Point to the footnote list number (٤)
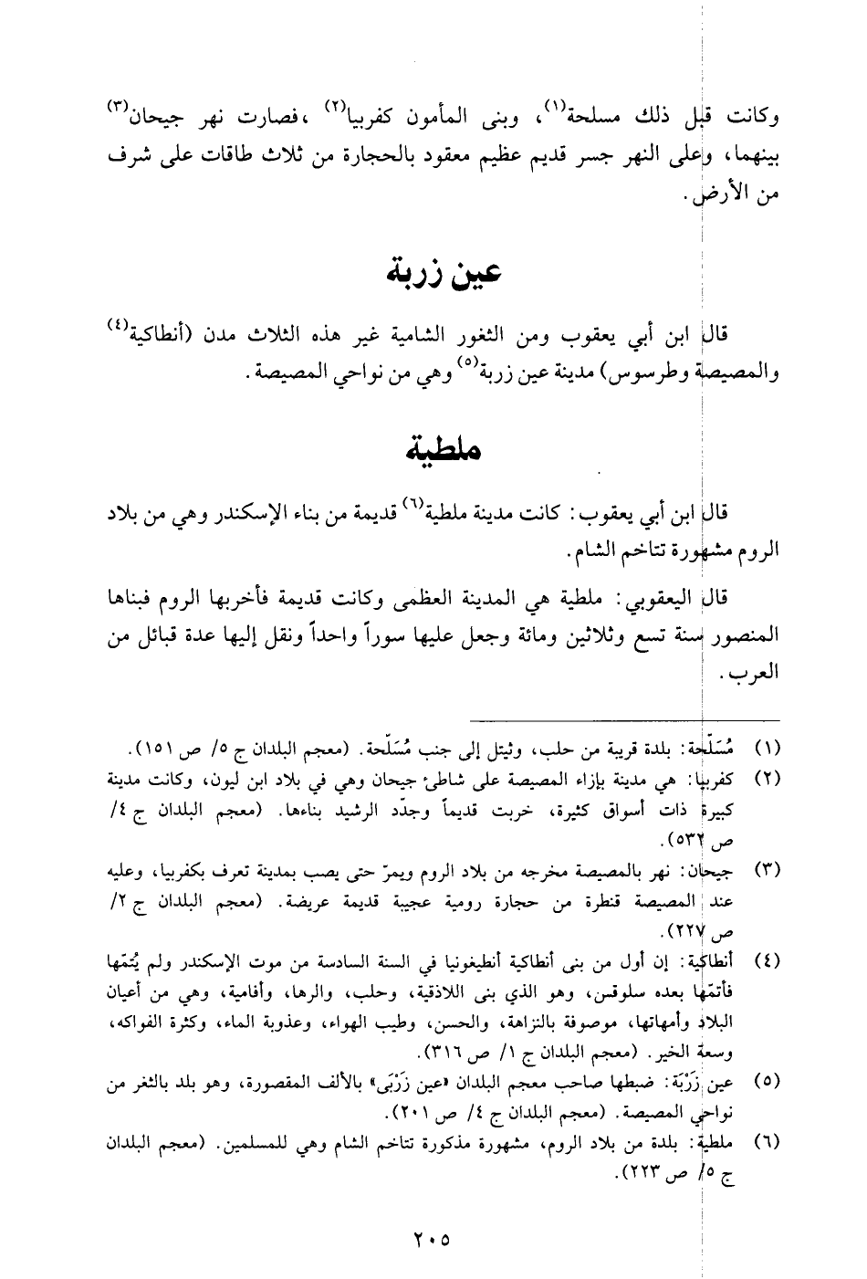[764, 960]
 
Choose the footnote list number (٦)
[764, 1141]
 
